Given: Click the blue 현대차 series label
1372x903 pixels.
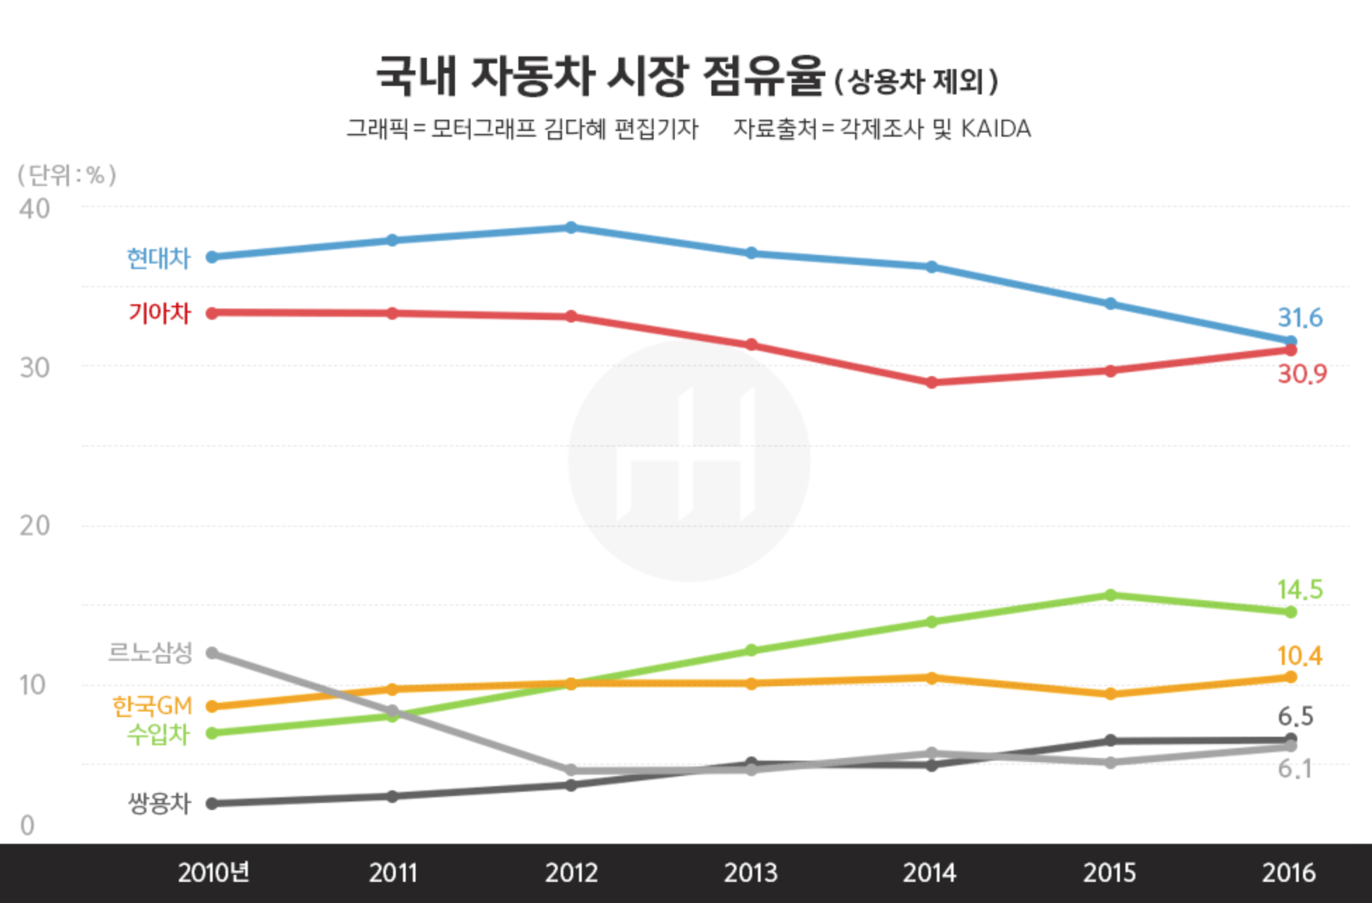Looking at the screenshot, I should coord(158,259).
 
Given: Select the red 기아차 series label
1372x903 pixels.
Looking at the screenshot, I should coord(159,313).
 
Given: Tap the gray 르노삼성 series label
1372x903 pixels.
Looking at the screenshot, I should coord(150,652).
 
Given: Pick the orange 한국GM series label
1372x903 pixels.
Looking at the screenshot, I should coord(152,705).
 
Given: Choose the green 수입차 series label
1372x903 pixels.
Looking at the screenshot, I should coord(158,734).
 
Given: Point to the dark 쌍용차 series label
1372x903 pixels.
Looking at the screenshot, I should coord(159,803).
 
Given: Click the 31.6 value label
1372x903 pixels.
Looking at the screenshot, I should coord(1300,318).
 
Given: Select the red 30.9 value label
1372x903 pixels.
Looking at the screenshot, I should coord(1302,373).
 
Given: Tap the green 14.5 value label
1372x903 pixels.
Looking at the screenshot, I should coord(1300,590).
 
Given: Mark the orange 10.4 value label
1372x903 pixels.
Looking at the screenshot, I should coord(1300,656).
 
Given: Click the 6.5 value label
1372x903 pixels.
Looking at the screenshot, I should coord(1296,716).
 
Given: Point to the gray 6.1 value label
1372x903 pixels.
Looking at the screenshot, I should coord(1295,768).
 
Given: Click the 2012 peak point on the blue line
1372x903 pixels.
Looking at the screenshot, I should coord(571,228).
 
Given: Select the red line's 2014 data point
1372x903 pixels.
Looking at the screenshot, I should coord(931,382).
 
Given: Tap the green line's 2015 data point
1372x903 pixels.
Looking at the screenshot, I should coord(1111,595).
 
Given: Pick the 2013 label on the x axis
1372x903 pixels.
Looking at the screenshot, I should coord(751,873).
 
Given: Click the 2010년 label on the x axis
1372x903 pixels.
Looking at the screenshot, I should coord(213,873).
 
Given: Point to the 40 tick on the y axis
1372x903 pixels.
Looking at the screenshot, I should coord(35,209).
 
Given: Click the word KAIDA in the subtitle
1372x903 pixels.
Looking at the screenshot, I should coord(996,129).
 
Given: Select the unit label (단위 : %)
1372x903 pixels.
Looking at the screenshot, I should coord(67,175).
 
